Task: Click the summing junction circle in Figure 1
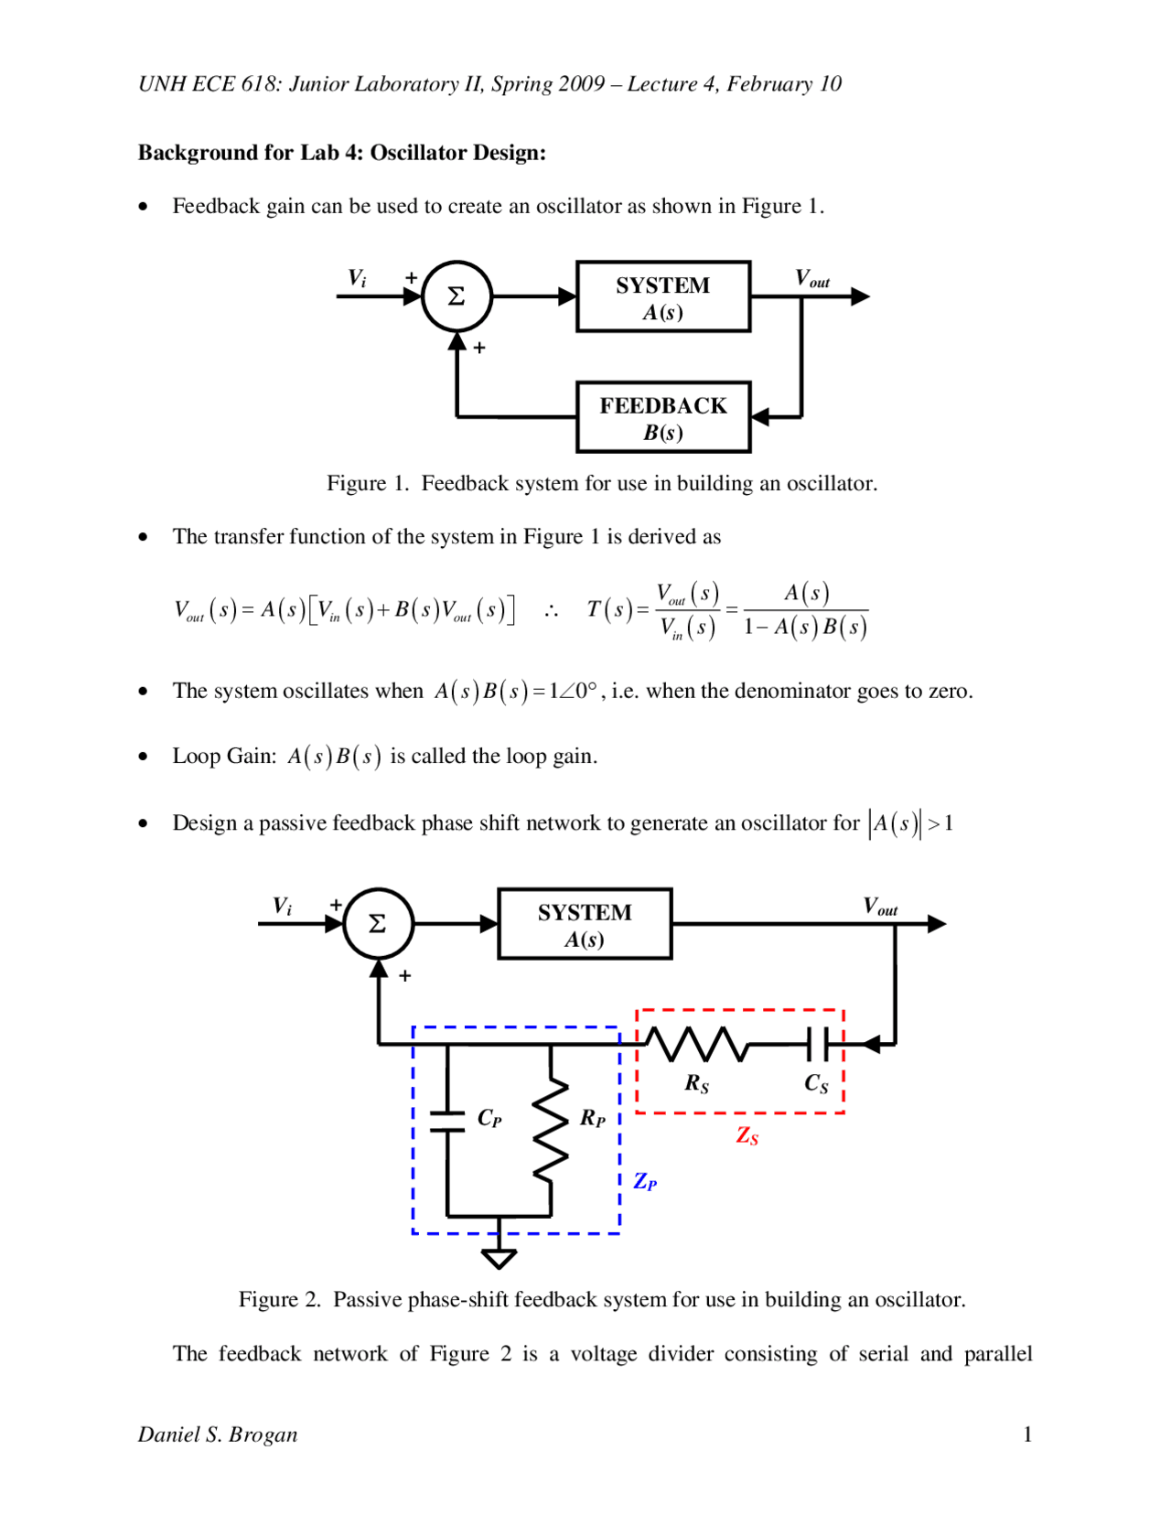(x=457, y=296)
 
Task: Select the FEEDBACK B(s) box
(x=663, y=418)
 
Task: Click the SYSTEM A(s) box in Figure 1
(x=663, y=297)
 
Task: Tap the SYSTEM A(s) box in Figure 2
(x=585, y=924)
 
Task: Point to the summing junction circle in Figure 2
(x=378, y=924)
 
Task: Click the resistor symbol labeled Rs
(x=698, y=1044)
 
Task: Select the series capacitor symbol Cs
(x=818, y=1044)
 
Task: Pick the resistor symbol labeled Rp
(x=551, y=1131)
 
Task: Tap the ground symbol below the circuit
(x=499, y=1257)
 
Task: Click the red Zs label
(x=747, y=1136)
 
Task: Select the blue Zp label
(x=645, y=1181)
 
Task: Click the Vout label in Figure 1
(x=811, y=279)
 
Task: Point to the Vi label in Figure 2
(x=283, y=907)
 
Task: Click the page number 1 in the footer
(x=1027, y=1434)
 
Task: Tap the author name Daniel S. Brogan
(x=218, y=1434)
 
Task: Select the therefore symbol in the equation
(x=551, y=611)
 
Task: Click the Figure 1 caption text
(x=602, y=483)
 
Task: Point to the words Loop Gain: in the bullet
(x=224, y=757)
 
